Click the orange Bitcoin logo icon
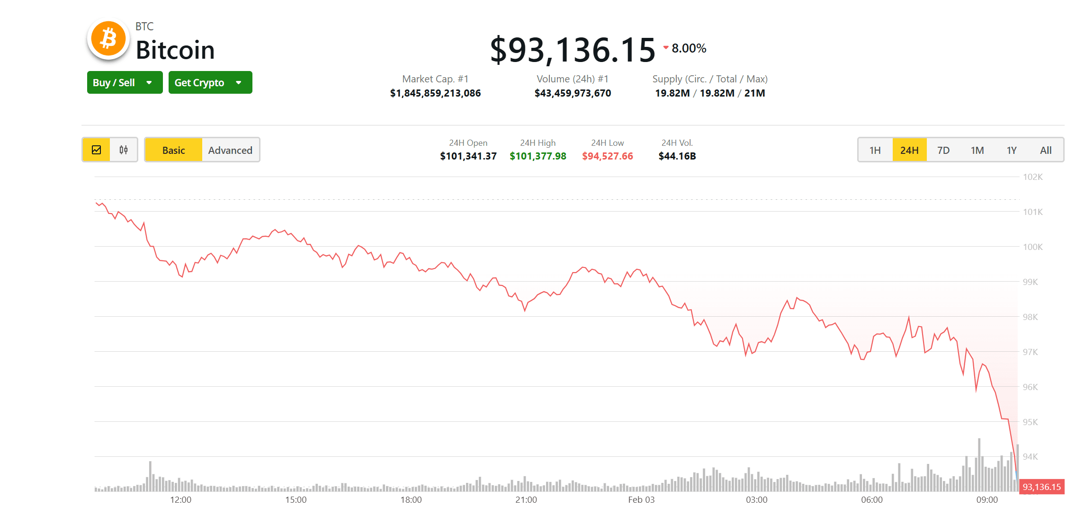[x=108, y=39]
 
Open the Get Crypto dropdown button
[x=210, y=83]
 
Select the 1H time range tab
[x=875, y=150]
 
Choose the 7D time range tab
[x=943, y=150]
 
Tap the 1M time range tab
[x=977, y=150]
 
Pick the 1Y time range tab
[x=1012, y=150]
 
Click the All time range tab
[x=1046, y=150]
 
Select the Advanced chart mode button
[x=230, y=150]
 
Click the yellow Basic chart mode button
[x=173, y=150]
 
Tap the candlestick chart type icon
[x=124, y=150]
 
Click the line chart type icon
[x=97, y=150]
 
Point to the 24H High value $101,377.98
[x=538, y=156]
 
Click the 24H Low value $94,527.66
[x=607, y=156]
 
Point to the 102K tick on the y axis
[x=1032, y=177]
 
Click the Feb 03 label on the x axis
[x=641, y=500]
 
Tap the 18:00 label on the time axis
[x=411, y=500]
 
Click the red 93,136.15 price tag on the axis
[x=1041, y=487]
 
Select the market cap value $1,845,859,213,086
[x=435, y=93]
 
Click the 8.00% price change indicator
[x=688, y=48]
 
